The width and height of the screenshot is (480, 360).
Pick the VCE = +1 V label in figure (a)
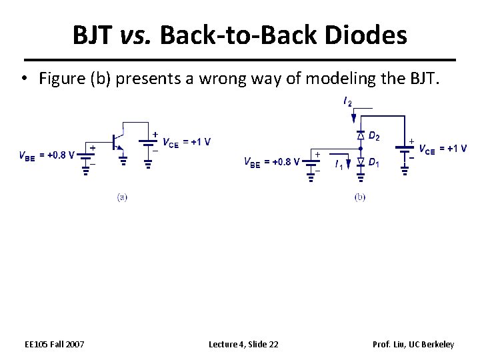coord(187,141)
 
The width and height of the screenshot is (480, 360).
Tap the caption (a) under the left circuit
coord(122,197)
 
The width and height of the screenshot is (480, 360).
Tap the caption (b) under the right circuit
coord(360,197)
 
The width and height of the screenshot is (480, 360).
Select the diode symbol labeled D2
coord(360,135)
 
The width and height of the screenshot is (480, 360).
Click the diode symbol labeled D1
coord(360,162)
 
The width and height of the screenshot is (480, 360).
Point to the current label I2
coord(347,102)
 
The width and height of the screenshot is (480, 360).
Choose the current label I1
coord(339,164)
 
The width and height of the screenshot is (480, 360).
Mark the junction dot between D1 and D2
coord(360,149)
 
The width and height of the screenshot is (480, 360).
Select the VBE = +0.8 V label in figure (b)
coord(271,161)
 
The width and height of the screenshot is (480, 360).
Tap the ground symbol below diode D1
coord(360,177)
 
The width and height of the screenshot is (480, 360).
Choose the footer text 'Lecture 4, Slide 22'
coord(243,344)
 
